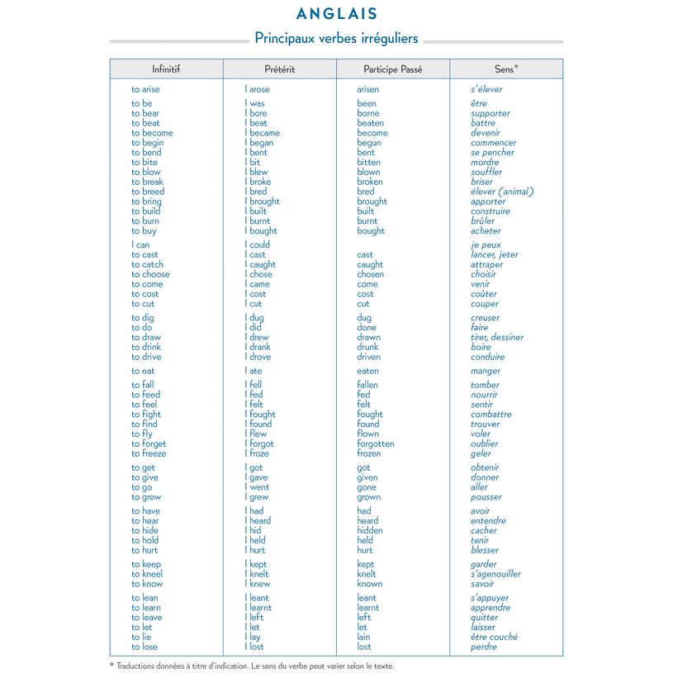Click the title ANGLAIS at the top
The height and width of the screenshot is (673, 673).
coord(336,13)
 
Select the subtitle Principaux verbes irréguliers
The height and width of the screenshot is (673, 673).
coord(336,38)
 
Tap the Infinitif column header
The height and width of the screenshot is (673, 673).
coord(166,69)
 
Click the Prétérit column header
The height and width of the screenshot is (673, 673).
coord(279,69)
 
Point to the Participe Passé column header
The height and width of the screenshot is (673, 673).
coord(392,69)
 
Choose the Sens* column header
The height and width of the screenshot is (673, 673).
coord(506,69)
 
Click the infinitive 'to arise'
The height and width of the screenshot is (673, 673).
coord(145,89)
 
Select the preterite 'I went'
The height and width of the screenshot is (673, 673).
coord(257,487)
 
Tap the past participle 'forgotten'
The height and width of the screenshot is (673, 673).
coord(376,443)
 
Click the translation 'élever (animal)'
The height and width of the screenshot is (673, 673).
coord(502,192)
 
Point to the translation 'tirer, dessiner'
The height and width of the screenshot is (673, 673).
coord(497,337)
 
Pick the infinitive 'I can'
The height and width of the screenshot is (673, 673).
coord(140,244)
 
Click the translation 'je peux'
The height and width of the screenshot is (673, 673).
coord(486,244)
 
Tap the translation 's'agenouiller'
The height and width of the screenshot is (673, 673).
coord(495,574)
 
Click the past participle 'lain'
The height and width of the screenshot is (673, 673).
coord(364,637)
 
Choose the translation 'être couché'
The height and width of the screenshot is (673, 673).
coord(495,637)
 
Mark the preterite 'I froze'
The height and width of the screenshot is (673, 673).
coord(258,453)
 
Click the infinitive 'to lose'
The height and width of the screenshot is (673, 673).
coord(145,647)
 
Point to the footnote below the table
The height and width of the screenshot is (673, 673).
coord(252,666)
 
